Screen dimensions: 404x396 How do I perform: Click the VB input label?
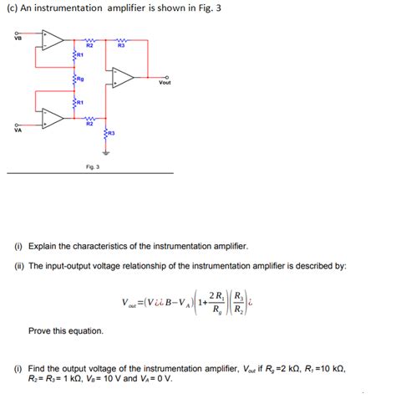coord(17,36)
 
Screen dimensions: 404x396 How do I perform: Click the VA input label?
coord(17,130)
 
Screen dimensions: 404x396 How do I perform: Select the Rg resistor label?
coord(80,79)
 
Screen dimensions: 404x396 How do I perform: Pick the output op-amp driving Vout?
coord(124,78)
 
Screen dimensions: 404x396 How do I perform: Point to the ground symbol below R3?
coord(105,153)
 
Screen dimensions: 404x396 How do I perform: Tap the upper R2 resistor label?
coord(89,45)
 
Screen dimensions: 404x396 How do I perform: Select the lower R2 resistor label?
coord(89,124)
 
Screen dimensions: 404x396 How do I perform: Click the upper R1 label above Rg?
coord(80,56)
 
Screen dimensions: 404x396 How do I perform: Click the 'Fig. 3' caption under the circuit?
coord(92,167)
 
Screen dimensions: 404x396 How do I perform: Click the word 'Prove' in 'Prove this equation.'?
coord(42,331)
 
